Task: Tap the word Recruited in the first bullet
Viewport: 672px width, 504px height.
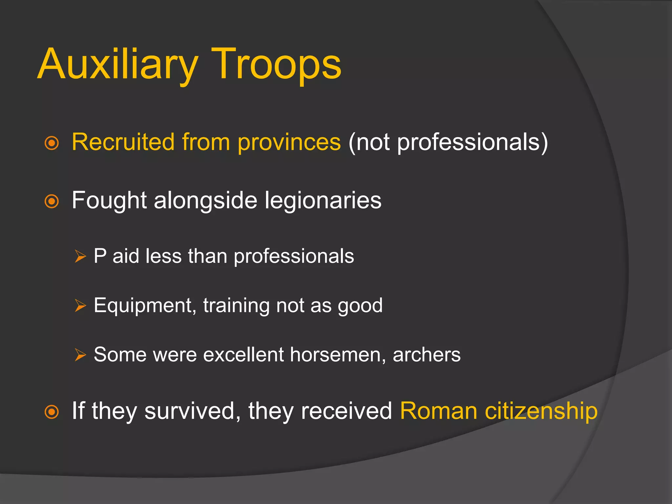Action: click(x=123, y=142)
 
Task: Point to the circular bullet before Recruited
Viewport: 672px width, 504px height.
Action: click(x=52, y=143)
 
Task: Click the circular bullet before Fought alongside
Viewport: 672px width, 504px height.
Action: click(x=52, y=201)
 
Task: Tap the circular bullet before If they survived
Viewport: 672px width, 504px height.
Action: click(x=52, y=412)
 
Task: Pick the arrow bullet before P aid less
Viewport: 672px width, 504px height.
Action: click(x=80, y=256)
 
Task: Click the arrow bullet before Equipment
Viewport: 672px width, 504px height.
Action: click(x=80, y=305)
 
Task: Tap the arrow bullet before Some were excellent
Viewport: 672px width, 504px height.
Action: click(x=80, y=355)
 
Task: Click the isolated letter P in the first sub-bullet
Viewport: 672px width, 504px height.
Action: click(x=100, y=256)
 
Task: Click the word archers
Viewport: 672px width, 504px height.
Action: click(x=427, y=355)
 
